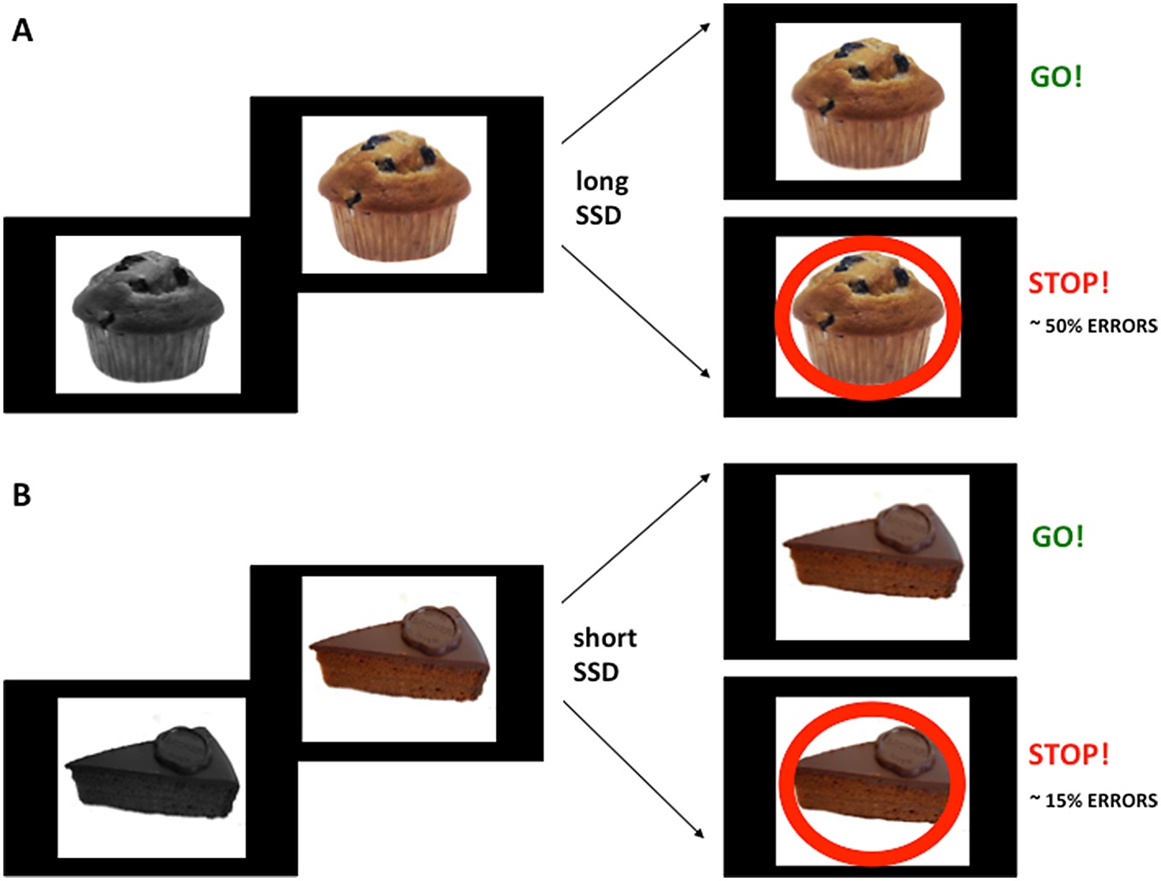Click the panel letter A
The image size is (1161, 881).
22,31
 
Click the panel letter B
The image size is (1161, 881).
22,494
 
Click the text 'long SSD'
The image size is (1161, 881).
601,198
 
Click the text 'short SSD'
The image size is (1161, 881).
604,654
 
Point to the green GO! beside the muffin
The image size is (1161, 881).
1056,77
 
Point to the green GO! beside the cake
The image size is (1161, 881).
1057,536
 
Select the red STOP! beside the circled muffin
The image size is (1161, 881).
1069,283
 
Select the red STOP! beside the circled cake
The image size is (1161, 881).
1069,754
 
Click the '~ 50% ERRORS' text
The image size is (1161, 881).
1093,326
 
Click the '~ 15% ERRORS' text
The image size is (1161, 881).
1093,801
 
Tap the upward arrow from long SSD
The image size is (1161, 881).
636,83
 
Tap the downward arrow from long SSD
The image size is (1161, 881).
636,311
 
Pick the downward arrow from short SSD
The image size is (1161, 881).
634,769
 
